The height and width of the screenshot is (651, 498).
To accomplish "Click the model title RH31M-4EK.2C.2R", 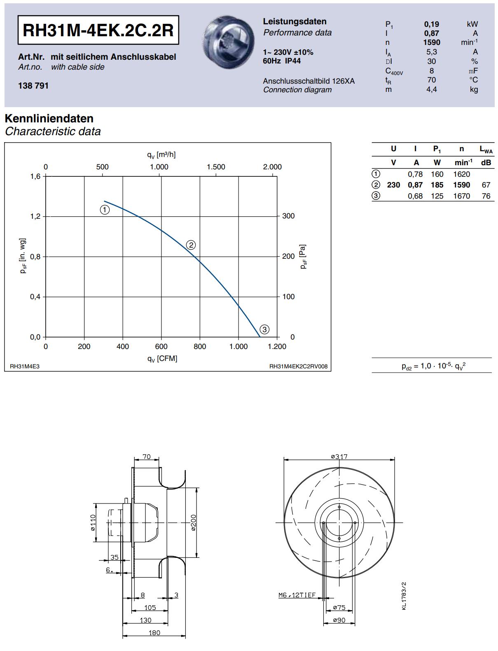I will (x=98, y=30).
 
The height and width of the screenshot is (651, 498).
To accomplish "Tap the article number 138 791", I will (x=33, y=86).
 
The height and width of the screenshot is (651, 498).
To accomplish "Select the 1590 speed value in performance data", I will (x=431, y=42).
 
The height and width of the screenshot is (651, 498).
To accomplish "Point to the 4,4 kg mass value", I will (x=431, y=89).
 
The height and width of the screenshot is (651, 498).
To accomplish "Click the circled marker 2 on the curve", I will (x=191, y=245).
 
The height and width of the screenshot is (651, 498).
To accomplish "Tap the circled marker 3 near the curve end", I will (x=264, y=329).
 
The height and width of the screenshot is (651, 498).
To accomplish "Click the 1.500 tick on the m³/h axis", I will (x=216, y=167).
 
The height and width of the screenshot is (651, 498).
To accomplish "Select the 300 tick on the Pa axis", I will (x=288, y=216).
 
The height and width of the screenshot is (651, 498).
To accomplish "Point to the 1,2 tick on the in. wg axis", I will (x=35, y=216).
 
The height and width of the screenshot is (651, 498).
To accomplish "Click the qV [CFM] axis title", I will (x=162, y=358).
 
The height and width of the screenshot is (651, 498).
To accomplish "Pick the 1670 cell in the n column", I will (x=461, y=196).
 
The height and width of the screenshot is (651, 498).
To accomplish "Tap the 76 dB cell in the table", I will (x=486, y=196).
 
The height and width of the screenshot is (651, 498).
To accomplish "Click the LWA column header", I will (x=486, y=149).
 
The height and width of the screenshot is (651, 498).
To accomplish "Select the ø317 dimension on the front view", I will (x=339, y=457).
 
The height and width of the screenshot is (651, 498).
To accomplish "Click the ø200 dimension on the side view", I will (x=194, y=522).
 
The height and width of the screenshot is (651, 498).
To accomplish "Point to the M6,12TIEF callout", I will (x=297, y=595).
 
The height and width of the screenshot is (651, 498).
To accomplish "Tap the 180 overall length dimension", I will (x=154, y=633).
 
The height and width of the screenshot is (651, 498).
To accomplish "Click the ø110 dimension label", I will (x=93, y=522).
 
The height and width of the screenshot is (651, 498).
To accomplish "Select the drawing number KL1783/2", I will (x=404, y=596).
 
